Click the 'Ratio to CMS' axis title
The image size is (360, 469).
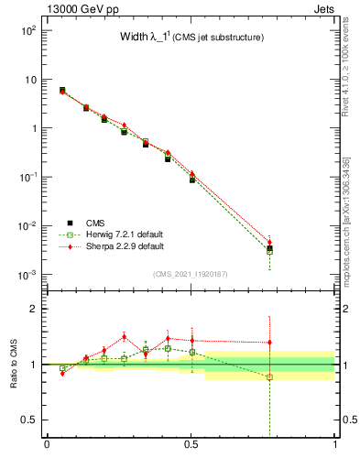(x=14, y=364)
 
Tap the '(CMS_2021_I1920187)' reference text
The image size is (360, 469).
(x=191, y=273)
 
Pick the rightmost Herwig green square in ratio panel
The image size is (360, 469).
(x=269, y=376)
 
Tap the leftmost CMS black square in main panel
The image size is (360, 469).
(x=62, y=90)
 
